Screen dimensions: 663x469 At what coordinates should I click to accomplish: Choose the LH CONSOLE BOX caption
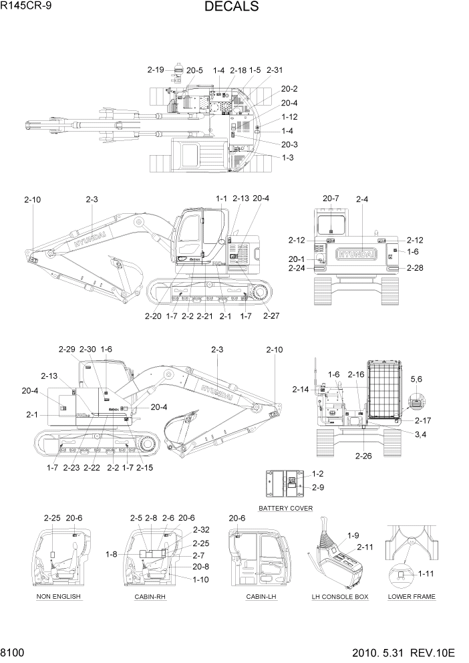(x=340, y=596)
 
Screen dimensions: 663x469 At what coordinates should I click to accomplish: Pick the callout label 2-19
(x=156, y=70)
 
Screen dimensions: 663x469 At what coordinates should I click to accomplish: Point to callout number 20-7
(x=331, y=198)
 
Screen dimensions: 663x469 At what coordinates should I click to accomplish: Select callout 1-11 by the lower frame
(x=426, y=573)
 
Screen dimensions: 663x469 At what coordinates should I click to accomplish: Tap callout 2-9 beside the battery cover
(x=317, y=487)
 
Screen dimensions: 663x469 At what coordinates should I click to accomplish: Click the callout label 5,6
(x=416, y=379)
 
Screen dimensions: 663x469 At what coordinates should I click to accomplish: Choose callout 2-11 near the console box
(x=365, y=547)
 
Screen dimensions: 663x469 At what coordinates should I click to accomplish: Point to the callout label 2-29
(x=67, y=350)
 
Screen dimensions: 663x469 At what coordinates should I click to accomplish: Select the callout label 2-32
(x=200, y=528)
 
